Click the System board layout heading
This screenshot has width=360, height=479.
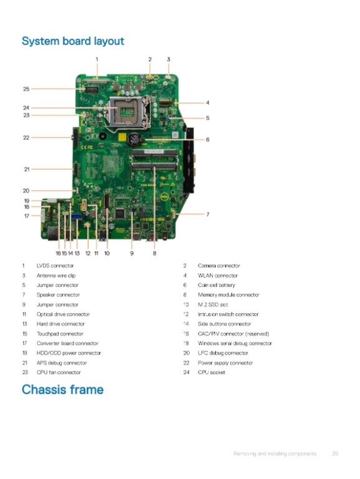click(x=73, y=41)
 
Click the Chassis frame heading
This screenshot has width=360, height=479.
click(x=62, y=389)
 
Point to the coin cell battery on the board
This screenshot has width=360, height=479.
click(x=135, y=138)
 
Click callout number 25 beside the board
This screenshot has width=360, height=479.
click(x=26, y=89)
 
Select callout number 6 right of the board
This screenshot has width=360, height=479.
click(x=208, y=140)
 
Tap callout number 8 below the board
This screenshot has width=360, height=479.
click(x=155, y=253)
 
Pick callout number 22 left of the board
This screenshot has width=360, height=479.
click(x=26, y=138)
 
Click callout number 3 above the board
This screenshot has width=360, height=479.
click(x=168, y=59)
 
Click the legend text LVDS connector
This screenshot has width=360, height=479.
click(x=55, y=266)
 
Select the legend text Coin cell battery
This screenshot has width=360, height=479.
click(x=216, y=285)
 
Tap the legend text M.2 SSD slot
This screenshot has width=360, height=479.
click(x=213, y=304)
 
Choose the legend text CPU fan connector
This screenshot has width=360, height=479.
click(x=59, y=372)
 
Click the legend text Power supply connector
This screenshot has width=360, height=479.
click(x=225, y=363)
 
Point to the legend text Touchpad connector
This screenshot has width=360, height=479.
click(x=60, y=334)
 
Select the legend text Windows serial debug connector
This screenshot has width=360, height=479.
click(x=235, y=344)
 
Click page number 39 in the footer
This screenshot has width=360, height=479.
click(x=335, y=453)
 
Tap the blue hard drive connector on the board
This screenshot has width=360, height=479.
click(x=77, y=216)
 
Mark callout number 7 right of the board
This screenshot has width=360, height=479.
click(x=208, y=215)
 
